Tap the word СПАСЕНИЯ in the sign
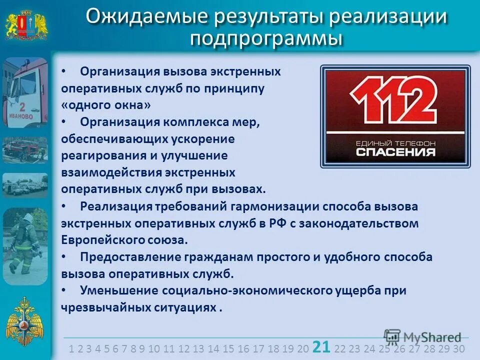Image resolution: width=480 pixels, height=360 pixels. pyautogui.click(x=395, y=151)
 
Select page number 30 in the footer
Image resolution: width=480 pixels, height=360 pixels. pyautogui.click(x=458, y=348)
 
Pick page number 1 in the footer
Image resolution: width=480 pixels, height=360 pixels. pyautogui.click(x=72, y=348)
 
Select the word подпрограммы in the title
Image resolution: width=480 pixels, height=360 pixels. pyautogui.click(x=266, y=38)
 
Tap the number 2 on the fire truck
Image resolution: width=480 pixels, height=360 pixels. pyautogui.click(x=21, y=107)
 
